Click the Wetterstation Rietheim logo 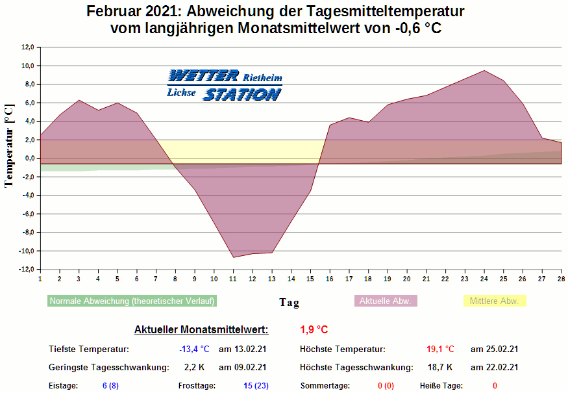pos(225,85)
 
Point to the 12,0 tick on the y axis pos(27,47)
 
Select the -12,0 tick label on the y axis pos(26,270)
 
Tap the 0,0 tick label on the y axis pos(29,158)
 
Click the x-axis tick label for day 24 pos(484,279)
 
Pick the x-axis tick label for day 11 pos(233,279)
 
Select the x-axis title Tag pos(290,302)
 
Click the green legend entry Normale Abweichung pos(132,301)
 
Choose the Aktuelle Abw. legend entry pos(385,301)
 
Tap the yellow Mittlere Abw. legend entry pos(494,301)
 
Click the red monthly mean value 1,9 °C pos(314,329)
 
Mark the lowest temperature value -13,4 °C pos(194,349)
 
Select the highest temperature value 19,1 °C pos(440,349)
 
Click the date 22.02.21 pos(494,367)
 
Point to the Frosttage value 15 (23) pos(256,386)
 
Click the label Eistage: pos(63,386)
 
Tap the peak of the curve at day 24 pos(484,71)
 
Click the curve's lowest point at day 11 pos(233,257)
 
